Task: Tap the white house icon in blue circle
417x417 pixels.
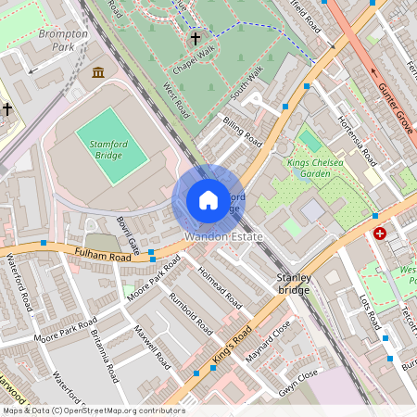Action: (x=208, y=200)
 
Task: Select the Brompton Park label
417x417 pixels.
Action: (x=65, y=40)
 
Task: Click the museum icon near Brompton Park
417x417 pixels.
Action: (x=98, y=72)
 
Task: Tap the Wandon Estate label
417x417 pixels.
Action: (x=223, y=237)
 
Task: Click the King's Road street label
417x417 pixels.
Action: (x=232, y=345)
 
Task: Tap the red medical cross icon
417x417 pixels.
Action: (x=380, y=234)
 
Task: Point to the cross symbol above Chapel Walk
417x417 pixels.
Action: (x=195, y=39)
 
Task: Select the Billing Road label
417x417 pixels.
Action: (x=241, y=132)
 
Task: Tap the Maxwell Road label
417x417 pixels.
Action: (x=152, y=344)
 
